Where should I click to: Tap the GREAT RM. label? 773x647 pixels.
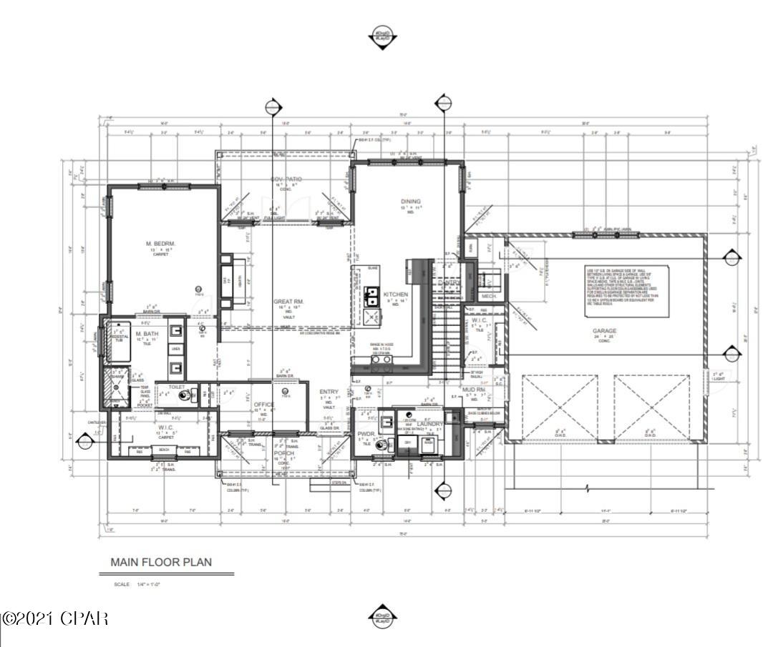click(289, 302)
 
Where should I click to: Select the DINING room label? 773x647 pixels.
click(410, 202)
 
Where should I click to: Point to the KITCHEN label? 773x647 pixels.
click(396, 295)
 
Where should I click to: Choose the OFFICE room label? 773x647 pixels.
click(264, 405)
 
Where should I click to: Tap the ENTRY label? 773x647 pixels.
click(329, 392)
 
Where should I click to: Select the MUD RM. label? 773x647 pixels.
click(473, 390)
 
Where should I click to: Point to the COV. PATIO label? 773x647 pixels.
click(286, 179)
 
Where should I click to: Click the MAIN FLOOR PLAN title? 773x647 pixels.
click(160, 562)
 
